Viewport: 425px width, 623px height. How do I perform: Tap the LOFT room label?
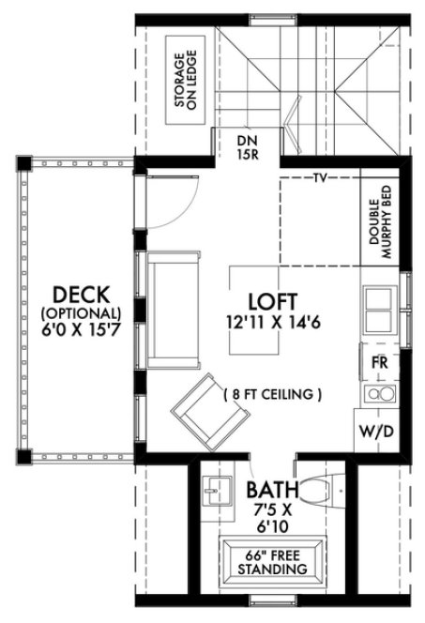(x=272, y=302)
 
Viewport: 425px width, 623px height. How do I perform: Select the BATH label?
(x=272, y=490)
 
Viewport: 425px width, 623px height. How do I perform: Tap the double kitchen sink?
(x=380, y=307)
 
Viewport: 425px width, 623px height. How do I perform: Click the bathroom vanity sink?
(x=218, y=490)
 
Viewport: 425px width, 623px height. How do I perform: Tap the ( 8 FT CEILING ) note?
(x=273, y=395)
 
